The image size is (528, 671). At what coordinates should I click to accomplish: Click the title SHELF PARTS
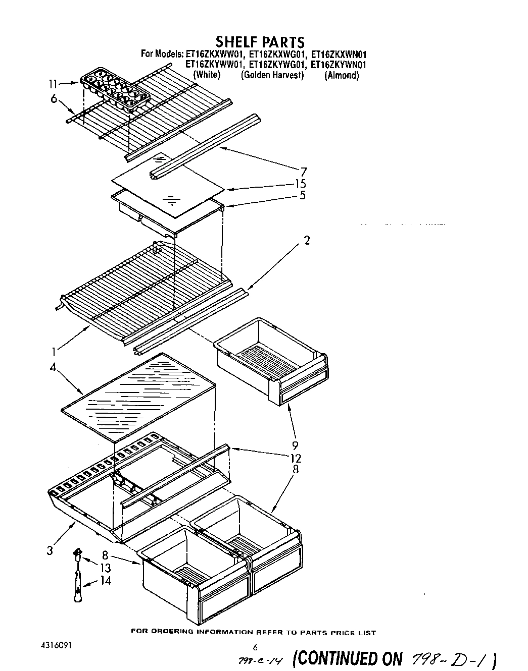pos(260,41)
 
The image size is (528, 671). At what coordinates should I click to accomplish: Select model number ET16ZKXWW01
pos(215,54)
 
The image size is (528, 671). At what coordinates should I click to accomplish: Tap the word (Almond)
pos(342,75)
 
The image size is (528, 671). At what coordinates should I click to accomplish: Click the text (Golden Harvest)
pos(272,75)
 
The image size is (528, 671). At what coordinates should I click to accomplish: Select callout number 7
pos(304,172)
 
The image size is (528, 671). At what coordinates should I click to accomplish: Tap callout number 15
pos(302,184)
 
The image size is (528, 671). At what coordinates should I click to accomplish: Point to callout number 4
pos(53,367)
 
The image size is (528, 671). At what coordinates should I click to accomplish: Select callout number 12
pos(296,458)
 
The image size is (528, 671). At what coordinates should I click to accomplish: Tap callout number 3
pos(50,550)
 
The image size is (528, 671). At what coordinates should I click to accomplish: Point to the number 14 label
pos(105,581)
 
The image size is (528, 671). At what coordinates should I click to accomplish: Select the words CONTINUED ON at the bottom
pos(348,658)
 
